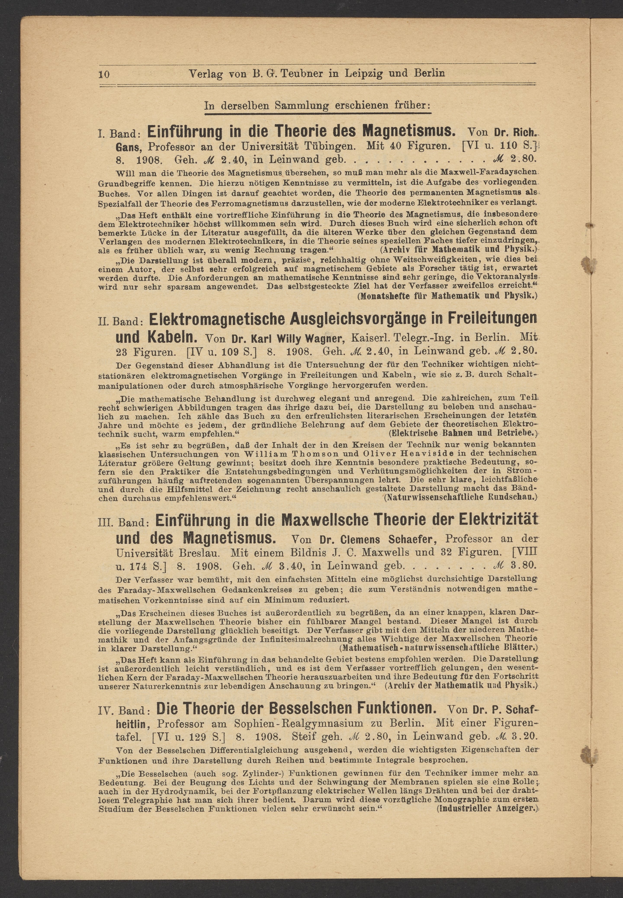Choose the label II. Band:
(121, 321)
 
